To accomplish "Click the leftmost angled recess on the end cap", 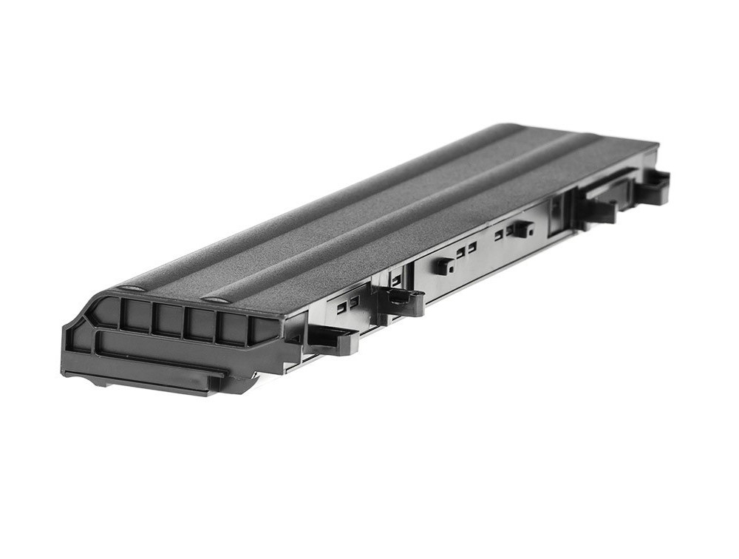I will [x=103, y=314].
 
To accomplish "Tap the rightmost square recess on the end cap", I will [x=262, y=329].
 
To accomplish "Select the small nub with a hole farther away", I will [x=522, y=228].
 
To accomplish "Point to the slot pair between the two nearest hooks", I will [x=347, y=304].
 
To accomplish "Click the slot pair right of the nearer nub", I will [x=466, y=250].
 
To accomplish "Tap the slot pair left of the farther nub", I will [x=503, y=234].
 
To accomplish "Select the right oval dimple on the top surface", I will [x=215, y=299].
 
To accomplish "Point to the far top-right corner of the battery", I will [x=653, y=144].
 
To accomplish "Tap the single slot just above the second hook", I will [x=396, y=279].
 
